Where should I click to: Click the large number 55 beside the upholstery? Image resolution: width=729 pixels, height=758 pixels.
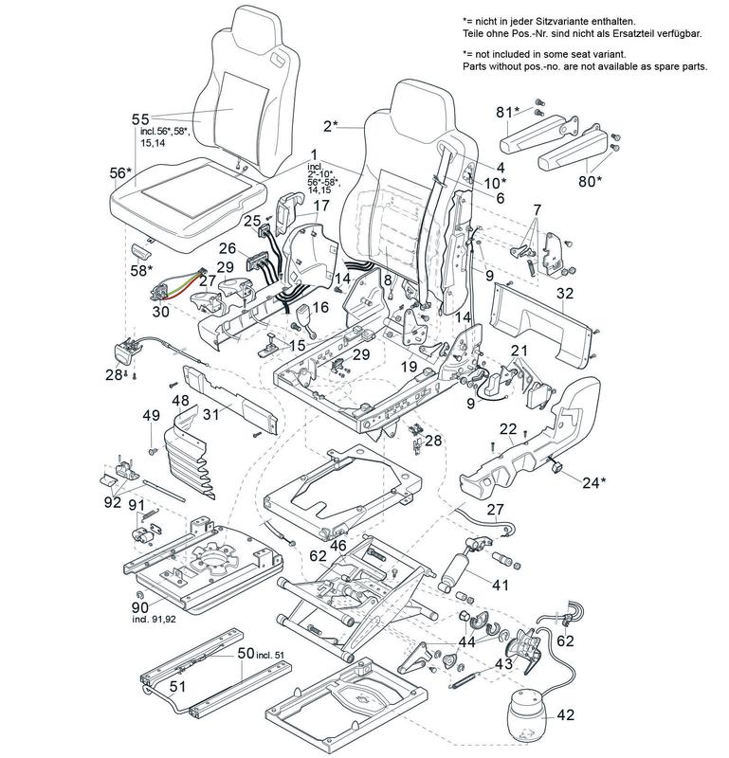click(140, 119)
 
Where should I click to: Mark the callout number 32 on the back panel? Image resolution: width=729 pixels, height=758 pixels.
click(565, 293)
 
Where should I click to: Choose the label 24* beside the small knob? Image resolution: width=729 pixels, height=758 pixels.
click(592, 481)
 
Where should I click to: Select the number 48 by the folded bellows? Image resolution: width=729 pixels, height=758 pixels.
click(180, 401)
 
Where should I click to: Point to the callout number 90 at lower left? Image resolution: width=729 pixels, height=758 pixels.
click(140, 605)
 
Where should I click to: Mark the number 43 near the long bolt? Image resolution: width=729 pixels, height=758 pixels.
click(503, 664)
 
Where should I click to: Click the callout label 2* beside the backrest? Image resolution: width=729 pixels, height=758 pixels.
click(331, 125)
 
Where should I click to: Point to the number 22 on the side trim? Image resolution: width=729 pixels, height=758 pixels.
click(508, 430)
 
